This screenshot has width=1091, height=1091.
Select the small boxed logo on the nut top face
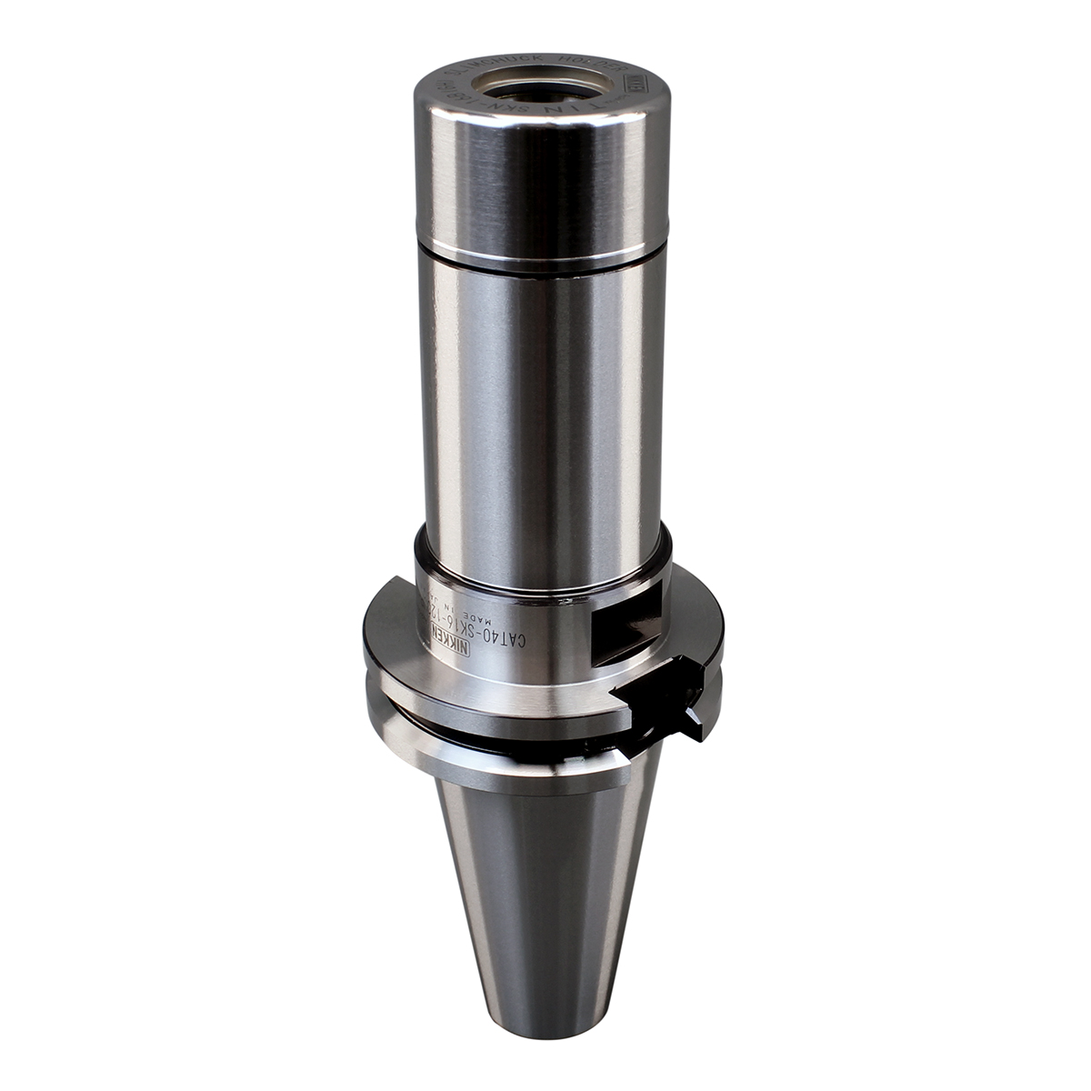coord(636,85)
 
